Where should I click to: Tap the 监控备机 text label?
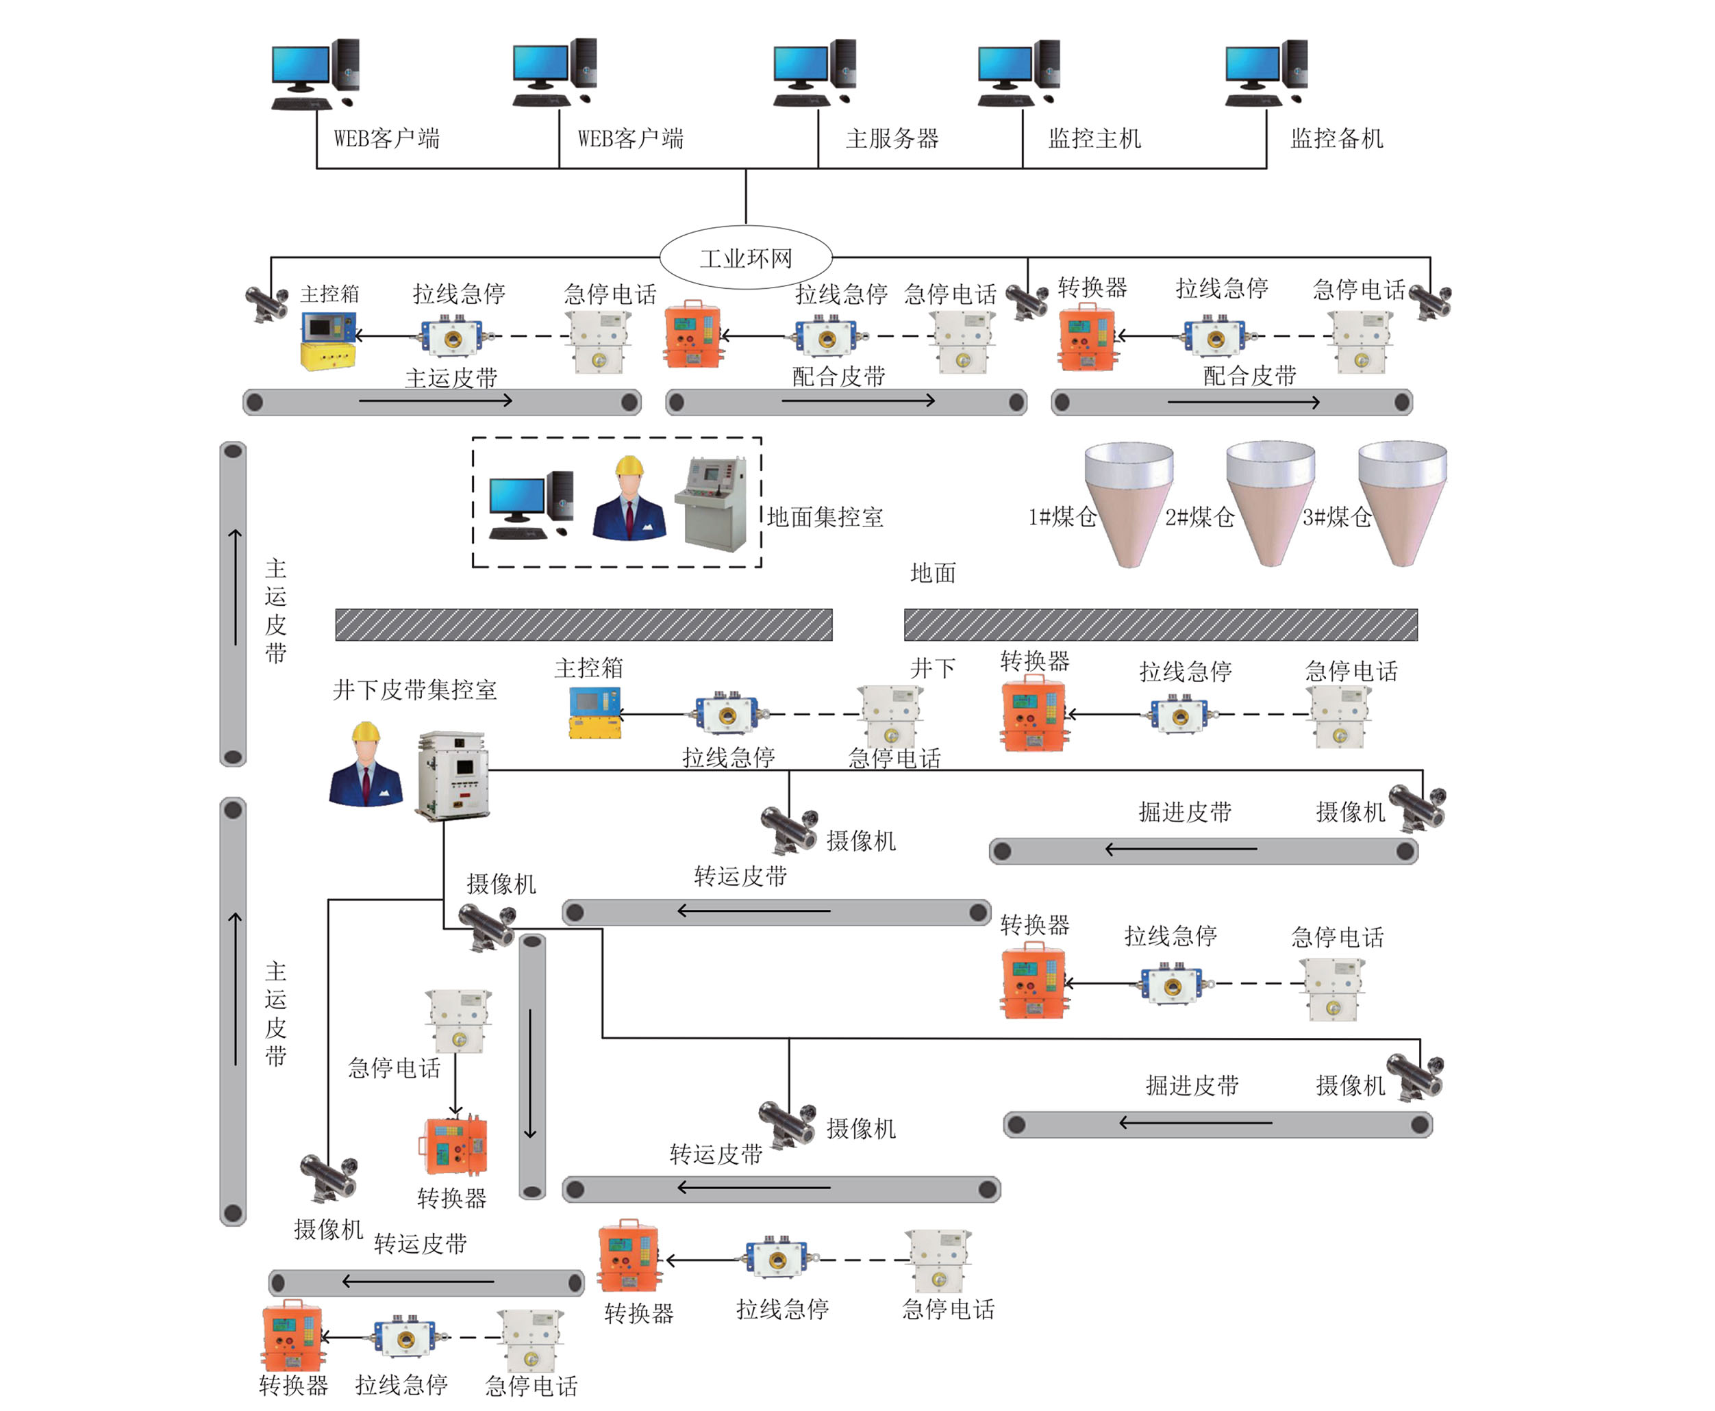pyautogui.click(x=1336, y=138)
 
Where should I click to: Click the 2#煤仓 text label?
pyautogui.click(x=1199, y=517)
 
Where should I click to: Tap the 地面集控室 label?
pyautogui.click(x=825, y=517)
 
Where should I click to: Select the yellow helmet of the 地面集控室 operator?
pyautogui.click(x=629, y=466)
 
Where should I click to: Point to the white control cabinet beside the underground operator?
pyautogui.click(x=452, y=776)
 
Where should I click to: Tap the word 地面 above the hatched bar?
pyautogui.click(x=933, y=573)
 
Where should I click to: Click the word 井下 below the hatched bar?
pyautogui.click(x=933, y=668)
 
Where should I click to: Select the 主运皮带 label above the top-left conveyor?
pyautogui.click(x=451, y=378)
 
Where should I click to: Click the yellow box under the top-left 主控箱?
pyautogui.click(x=327, y=356)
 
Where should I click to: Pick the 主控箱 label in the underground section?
pyautogui.click(x=589, y=668)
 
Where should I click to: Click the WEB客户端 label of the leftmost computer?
pyautogui.click(x=386, y=138)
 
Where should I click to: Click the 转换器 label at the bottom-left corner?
pyautogui.click(x=292, y=1385)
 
